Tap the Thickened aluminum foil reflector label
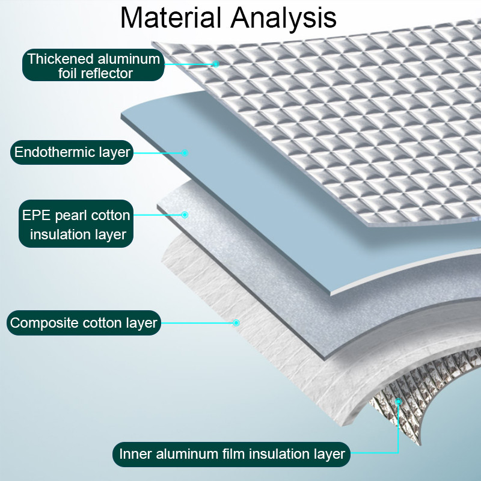(93, 66)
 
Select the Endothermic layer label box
(72, 152)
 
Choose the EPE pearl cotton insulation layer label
(76, 224)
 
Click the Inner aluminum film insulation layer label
(232, 453)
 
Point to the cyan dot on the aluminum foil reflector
(215, 63)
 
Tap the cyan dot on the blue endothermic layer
(185, 153)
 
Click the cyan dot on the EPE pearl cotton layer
(185, 215)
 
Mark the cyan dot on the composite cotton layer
(236, 323)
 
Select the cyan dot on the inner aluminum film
(397, 401)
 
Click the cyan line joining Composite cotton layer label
(198, 323)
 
